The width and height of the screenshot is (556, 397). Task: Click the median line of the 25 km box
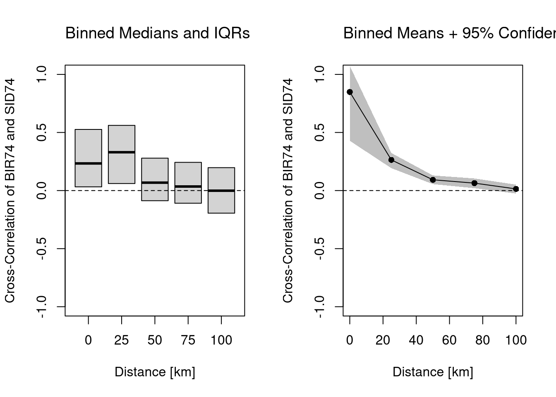[x=122, y=152]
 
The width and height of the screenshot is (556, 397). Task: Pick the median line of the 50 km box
[x=155, y=182]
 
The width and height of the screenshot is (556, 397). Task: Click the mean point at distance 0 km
[x=350, y=92]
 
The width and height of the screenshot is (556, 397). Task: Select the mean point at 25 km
[x=391, y=160]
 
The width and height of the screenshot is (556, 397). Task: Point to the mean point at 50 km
[x=433, y=179]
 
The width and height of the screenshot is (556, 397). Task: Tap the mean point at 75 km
[x=475, y=183]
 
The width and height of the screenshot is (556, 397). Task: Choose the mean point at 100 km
[x=516, y=189]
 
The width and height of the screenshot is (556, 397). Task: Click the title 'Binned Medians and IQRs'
[x=157, y=33]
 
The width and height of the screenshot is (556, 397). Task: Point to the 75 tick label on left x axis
[x=188, y=340]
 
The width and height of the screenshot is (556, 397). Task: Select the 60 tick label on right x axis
[x=449, y=340]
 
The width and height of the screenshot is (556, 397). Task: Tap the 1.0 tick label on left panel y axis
[x=41, y=74]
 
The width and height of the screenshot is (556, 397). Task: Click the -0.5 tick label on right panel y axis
[x=319, y=249]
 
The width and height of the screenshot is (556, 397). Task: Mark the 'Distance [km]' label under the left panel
[x=155, y=372]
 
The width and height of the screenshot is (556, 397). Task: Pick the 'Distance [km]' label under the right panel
[x=433, y=372]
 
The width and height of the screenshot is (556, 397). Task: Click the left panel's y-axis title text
[x=10, y=190]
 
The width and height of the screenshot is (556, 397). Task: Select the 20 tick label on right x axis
[x=383, y=340]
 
